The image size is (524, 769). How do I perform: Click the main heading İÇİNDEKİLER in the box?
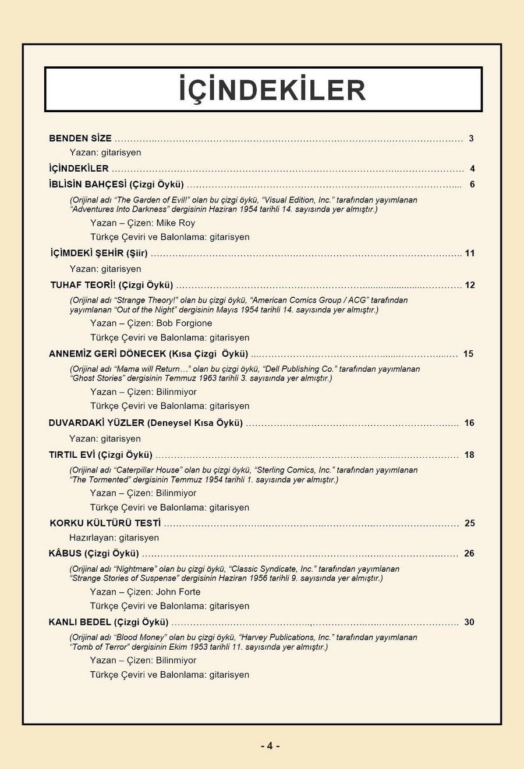[x=272, y=90]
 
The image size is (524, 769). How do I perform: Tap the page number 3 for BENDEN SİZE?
[x=471, y=138]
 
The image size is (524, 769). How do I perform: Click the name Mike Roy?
[x=175, y=223]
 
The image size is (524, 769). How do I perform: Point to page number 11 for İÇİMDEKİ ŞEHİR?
[x=470, y=253]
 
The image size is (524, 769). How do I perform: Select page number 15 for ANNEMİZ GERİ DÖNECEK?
[x=468, y=354]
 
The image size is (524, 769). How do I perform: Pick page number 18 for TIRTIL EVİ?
[x=469, y=455]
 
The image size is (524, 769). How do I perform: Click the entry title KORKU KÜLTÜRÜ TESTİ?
[x=105, y=523]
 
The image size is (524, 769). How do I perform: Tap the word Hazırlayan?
[x=92, y=537]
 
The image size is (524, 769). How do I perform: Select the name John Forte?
[x=178, y=592]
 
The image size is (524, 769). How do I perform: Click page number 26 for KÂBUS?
[x=469, y=553]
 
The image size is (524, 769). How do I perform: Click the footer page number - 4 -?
[x=270, y=746]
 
